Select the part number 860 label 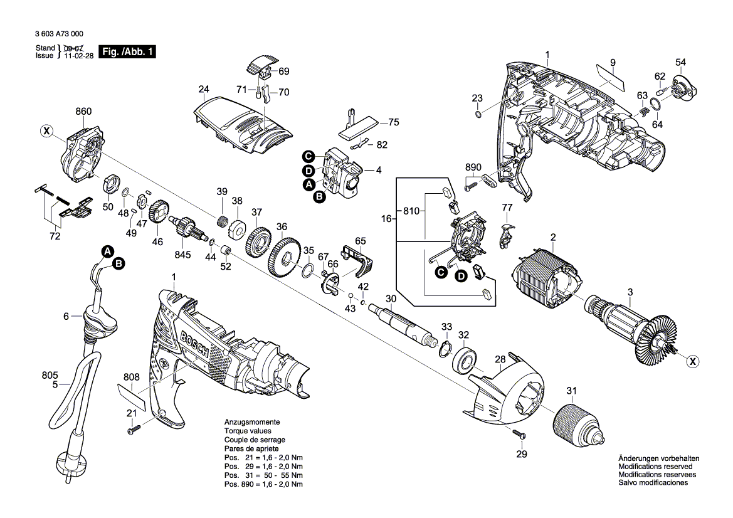point(83,111)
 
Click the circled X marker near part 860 point(46,131)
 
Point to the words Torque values point(248,431)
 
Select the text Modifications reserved point(655,467)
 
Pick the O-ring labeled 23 point(479,114)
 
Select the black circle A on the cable point(107,251)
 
